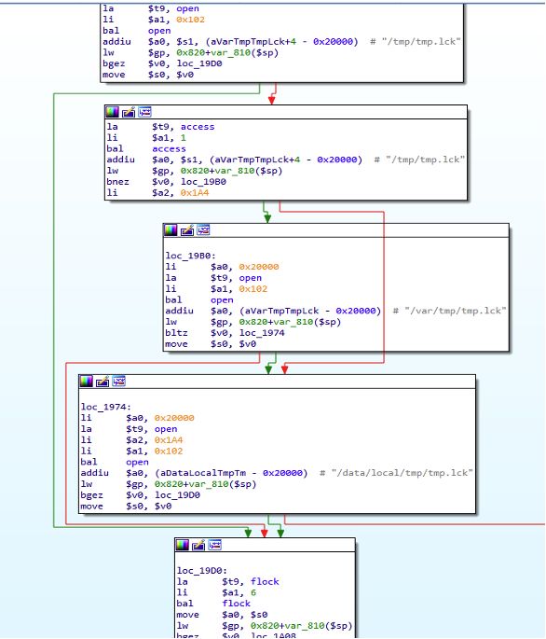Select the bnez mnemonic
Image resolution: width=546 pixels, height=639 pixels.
tap(117, 182)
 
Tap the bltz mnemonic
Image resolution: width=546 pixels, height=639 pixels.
tap(176, 332)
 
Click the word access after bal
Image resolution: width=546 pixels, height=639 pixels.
tap(169, 148)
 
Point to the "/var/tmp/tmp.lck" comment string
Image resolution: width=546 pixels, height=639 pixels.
tap(456, 311)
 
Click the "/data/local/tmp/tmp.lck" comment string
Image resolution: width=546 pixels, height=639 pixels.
tap(402, 473)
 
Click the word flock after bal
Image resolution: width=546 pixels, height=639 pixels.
tap(236, 604)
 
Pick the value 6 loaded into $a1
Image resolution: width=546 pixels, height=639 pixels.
tap(253, 592)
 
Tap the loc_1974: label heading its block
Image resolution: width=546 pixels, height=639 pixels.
tap(106, 407)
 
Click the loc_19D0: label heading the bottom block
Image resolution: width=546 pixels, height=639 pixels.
tap(202, 570)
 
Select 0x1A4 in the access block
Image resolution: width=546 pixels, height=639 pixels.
tap(195, 193)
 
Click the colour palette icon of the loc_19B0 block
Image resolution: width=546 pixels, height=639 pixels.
tap(171, 230)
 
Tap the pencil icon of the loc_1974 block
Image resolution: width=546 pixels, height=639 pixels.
tap(102, 382)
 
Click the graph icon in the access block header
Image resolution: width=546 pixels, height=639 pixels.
tap(144, 112)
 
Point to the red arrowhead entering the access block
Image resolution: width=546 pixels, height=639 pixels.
tap(272, 100)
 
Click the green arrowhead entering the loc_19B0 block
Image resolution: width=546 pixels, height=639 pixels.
tap(267, 219)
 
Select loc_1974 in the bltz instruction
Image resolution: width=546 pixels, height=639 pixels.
tap(262, 332)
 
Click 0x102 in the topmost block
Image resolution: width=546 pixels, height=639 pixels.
tap(191, 20)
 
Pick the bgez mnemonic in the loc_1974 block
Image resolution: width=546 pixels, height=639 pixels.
tap(91, 494)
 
